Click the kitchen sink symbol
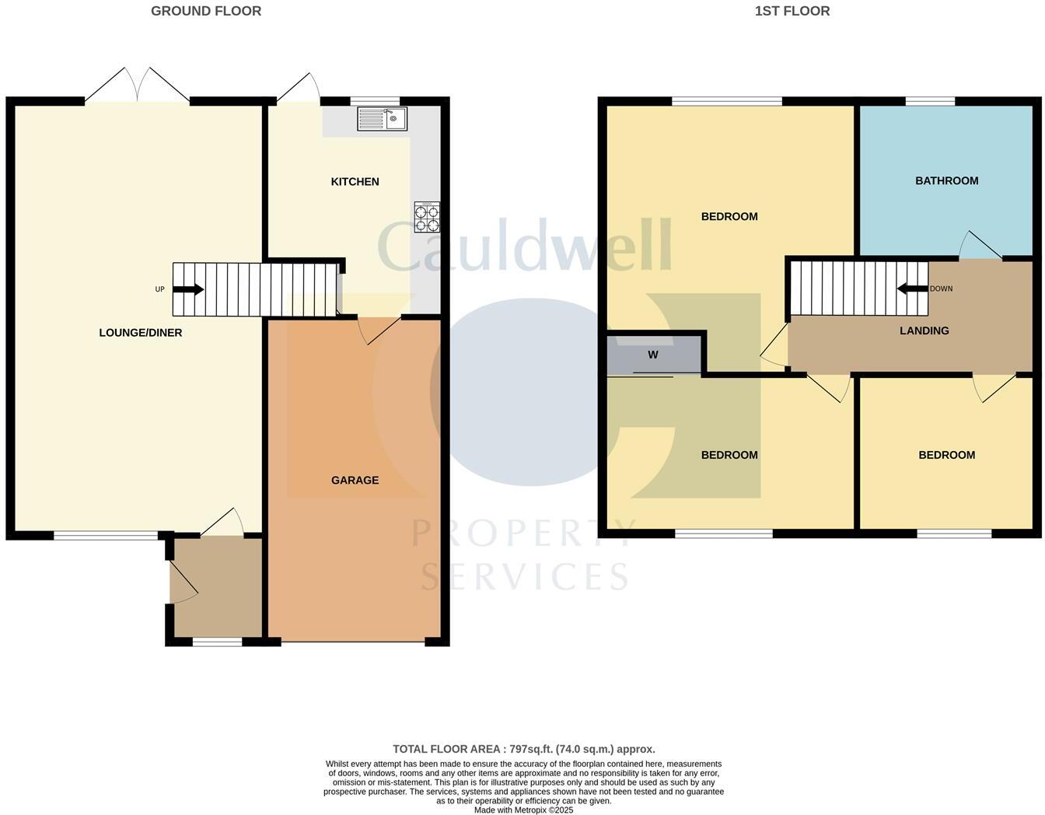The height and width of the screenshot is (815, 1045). click(382, 119)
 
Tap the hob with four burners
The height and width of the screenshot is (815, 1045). click(427, 217)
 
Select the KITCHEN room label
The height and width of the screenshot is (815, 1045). click(355, 182)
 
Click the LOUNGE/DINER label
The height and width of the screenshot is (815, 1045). click(141, 333)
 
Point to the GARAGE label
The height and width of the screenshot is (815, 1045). click(355, 481)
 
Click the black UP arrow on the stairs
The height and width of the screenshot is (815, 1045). click(188, 289)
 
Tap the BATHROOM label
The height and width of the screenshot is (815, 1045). click(946, 181)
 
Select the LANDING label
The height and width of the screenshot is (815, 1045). click(924, 331)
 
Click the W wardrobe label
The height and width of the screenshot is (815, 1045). click(653, 355)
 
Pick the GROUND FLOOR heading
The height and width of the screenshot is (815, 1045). click(206, 11)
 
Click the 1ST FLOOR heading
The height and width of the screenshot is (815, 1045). click(792, 11)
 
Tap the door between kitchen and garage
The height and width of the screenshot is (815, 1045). click(376, 329)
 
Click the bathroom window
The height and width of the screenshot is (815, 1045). click(930, 101)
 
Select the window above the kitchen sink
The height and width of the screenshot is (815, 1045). click(375, 101)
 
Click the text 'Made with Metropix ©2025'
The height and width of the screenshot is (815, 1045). click(524, 810)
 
